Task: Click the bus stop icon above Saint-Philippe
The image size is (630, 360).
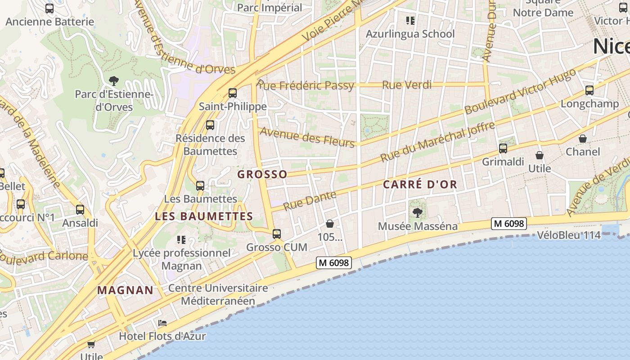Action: click(x=233, y=93)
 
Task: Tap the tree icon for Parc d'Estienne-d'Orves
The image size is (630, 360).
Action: click(x=114, y=81)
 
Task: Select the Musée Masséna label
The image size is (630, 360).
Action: click(x=418, y=226)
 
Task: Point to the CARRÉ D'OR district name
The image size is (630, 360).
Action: click(x=420, y=184)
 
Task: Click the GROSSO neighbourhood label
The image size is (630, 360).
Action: click(x=262, y=174)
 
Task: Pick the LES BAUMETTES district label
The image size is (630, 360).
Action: click(x=204, y=216)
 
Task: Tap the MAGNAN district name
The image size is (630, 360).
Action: click(x=126, y=290)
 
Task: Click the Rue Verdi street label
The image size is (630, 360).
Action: click(x=407, y=85)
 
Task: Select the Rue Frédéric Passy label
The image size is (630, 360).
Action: click(x=306, y=85)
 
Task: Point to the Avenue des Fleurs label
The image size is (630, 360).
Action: click(x=307, y=136)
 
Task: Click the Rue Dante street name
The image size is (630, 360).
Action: click(x=310, y=201)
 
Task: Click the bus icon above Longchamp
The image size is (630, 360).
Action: click(x=589, y=90)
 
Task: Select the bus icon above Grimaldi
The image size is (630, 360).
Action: click(x=503, y=148)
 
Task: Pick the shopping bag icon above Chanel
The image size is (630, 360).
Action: click(x=583, y=139)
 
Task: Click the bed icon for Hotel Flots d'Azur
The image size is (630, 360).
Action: click(x=162, y=323)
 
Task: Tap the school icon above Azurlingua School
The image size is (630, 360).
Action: click(x=410, y=20)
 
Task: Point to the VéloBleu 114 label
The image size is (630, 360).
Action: click(x=569, y=235)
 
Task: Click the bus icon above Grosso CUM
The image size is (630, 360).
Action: click(x=277, y=234)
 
